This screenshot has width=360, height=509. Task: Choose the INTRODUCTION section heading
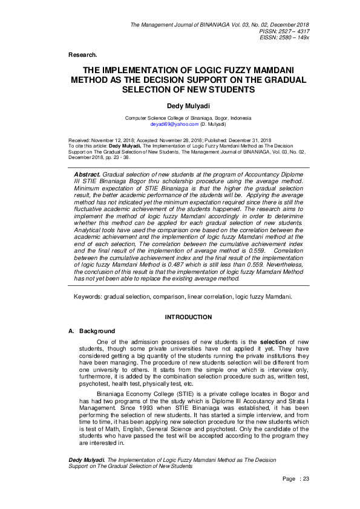pos(188,317)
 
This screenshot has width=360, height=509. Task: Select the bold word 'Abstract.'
pos(86,173)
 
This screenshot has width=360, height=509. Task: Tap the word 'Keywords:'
pos(87,297)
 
